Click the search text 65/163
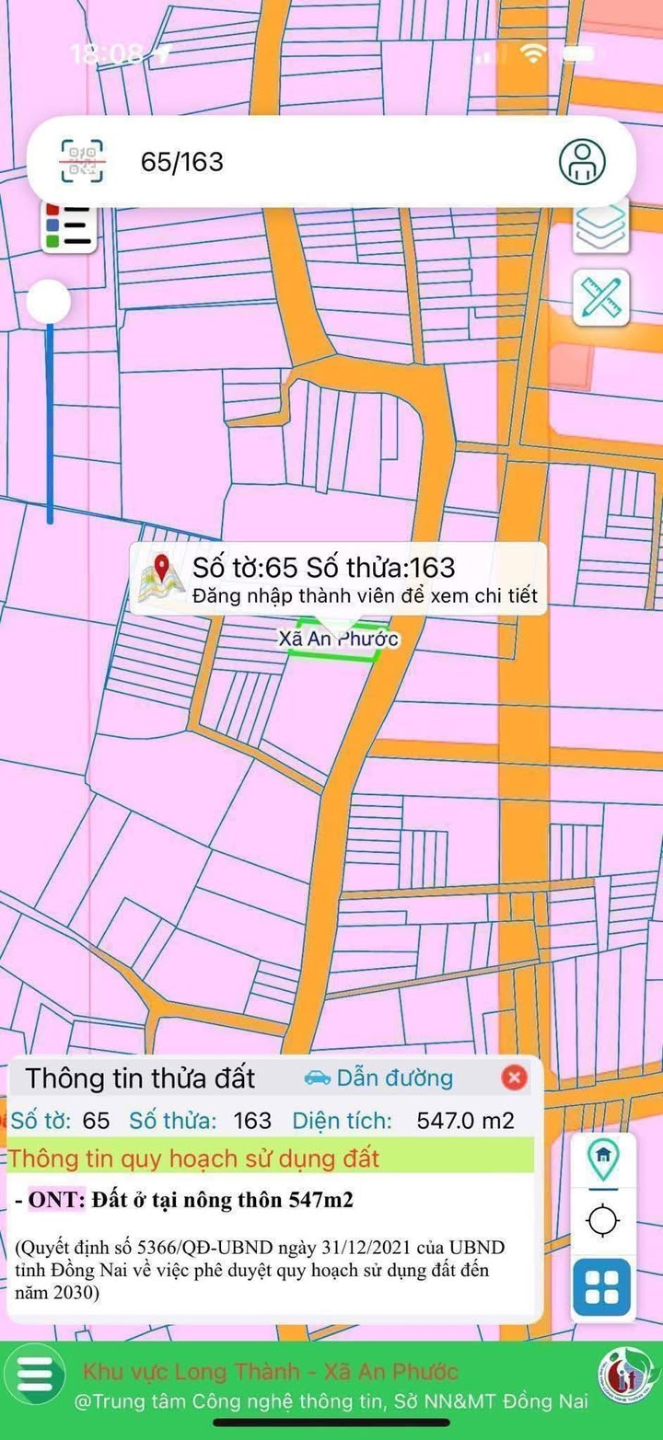coord(182,162)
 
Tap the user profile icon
coord(582,162)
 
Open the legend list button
coord(69,225)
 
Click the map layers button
coord(601,225)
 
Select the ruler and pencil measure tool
coord(601,297)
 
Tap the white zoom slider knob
coord(49,302)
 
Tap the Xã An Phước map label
coord(339,639)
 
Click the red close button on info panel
coord(514,1077)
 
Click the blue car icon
coord(317,1077)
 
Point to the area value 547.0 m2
coord(465,1121)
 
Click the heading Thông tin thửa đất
coord(140,1077)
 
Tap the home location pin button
coord(603,1158)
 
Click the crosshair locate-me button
coord(603,1221)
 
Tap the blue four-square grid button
coord(602,1286)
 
